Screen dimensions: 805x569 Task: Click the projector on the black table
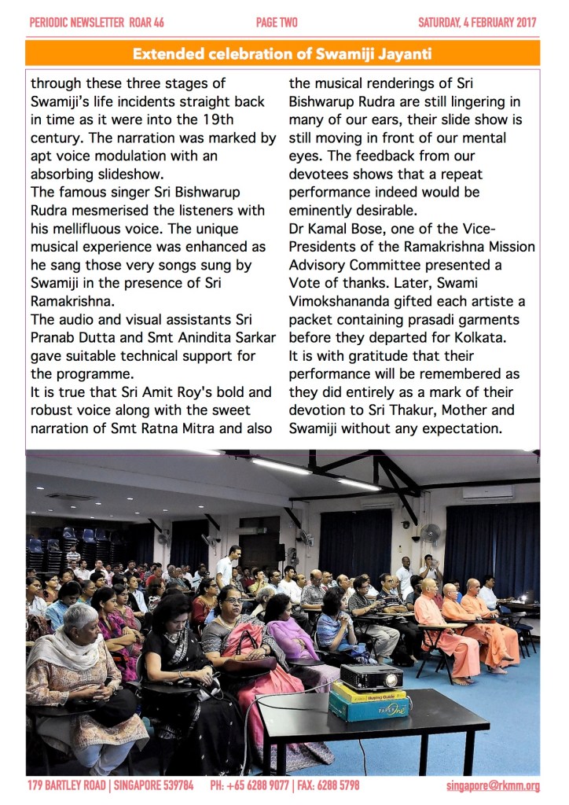(x=371, y=677)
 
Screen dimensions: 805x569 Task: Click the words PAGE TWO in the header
(x=277, y=22)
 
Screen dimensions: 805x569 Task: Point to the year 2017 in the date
(x=522, y=22)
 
